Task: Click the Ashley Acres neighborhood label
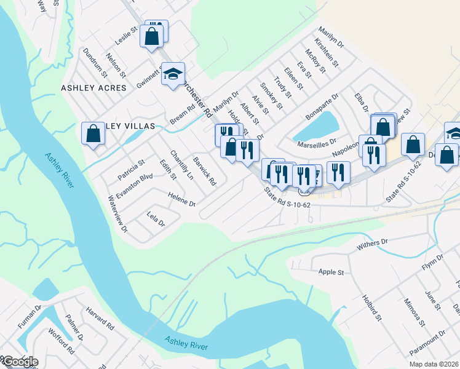click(93, 88)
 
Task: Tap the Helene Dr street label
click(181, 199)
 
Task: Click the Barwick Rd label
click(205, 172)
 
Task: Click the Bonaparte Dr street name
click(322, 107)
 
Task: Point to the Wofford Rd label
click(63, 342)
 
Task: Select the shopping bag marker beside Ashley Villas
click(93, 133)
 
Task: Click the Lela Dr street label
click(156, 219)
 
